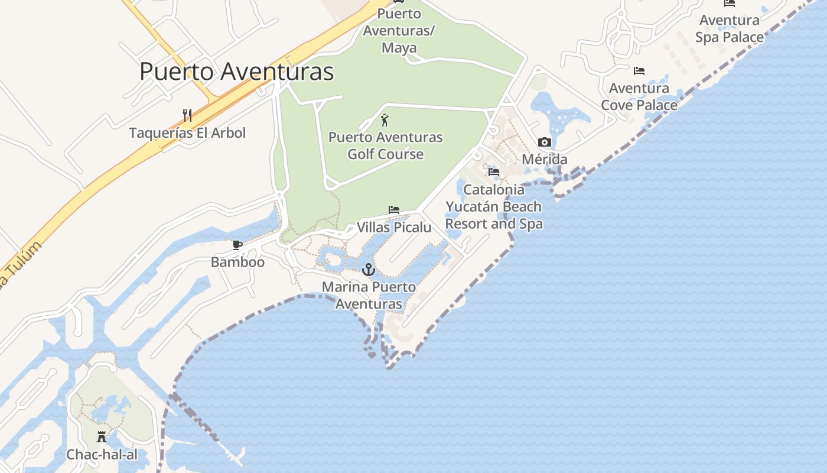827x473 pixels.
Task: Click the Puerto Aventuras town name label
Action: pos(236,72)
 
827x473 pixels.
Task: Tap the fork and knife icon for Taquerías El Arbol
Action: pos(187,115)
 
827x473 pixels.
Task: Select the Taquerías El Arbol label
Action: pos(187,132)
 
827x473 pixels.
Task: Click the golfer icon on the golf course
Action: pos(385,120)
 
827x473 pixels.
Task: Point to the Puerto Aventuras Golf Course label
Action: pos(385,145)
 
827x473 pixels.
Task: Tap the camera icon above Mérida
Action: pos(544,142)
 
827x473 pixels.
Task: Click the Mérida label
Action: pos(544,159)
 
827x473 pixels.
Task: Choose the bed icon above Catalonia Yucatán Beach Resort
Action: pos(494,172)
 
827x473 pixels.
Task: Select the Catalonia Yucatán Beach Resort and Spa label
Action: pos(494,206)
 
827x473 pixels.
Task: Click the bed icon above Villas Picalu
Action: pos(394,210)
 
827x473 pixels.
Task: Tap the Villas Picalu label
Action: pos(394,227)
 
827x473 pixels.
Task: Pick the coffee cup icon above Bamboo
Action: pos(237,245)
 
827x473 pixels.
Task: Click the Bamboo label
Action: pos(237,261)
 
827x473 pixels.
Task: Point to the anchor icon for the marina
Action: pos(369,270)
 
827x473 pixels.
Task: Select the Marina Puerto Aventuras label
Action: pos(369,296)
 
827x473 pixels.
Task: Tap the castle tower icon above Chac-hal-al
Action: pos(102,437)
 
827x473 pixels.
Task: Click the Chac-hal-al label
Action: pos(102,454)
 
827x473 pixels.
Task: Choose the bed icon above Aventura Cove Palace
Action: pos(639,71)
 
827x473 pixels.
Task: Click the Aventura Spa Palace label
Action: pos(730,28)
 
